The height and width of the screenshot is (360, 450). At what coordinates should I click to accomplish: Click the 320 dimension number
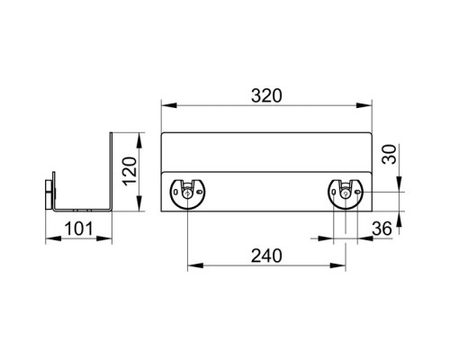click(x=266, y=95)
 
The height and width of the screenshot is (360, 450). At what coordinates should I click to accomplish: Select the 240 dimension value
click(x=266, y=256)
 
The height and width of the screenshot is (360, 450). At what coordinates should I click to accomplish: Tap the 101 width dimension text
click(x=79, y=229)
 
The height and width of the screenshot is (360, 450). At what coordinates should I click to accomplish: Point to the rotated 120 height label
click(x=130, y=171)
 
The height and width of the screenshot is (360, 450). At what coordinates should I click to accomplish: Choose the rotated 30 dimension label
click(x=389, y=154)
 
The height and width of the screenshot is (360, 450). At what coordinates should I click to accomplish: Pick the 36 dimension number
click(x=382, y=229)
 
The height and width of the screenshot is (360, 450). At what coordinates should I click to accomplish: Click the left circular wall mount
click(x=187, y=193)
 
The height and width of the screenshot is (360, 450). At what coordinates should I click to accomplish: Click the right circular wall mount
click(x=346, y=193)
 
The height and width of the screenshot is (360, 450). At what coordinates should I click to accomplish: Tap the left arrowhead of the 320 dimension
click(x=168, y=105)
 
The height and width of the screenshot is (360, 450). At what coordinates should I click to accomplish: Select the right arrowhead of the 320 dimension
click(x=364, y=105)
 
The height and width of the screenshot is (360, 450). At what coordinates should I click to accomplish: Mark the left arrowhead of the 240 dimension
click(x=195, y=265)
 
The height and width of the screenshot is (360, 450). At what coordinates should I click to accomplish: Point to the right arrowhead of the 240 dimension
click(x=337, y=265)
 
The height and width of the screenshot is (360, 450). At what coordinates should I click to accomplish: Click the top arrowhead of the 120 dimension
click(x=139, y=140)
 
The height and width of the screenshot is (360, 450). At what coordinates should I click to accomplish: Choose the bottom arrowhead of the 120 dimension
click(x=139, y=203)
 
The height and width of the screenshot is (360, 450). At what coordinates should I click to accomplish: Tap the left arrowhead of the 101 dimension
click(x=53, y=238)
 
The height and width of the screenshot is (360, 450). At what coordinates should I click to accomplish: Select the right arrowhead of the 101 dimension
click(x=104, y=238)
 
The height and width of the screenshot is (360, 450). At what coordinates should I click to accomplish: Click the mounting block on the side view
click(x=49, y=194)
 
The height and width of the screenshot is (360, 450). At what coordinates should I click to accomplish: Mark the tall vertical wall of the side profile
click(x=111, y=172)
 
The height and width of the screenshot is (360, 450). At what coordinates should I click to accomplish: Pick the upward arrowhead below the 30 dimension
click(x=399, y=220)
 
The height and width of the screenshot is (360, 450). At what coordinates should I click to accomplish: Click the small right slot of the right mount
click(x=357, y=192)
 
